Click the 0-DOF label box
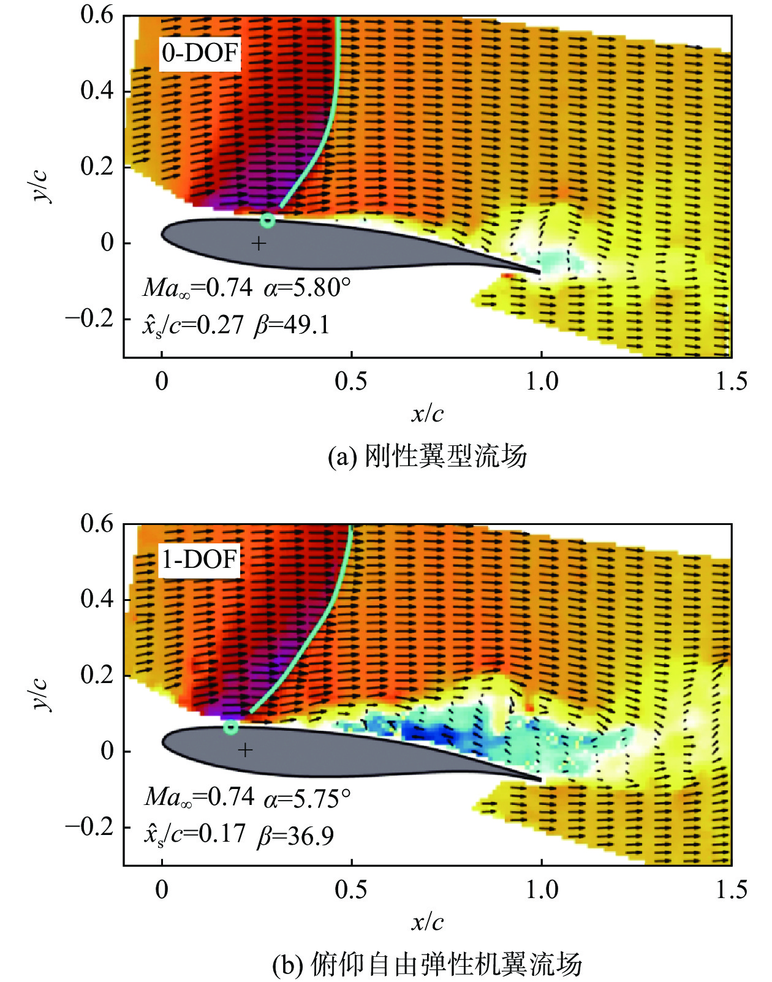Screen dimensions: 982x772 tap(200, 53)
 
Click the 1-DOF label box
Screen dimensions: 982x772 tap(199, 560)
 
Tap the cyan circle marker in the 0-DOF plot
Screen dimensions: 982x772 tap(268, 221)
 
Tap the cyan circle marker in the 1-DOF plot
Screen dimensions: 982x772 tap(231, 727)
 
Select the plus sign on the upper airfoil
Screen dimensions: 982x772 tap(259, 244)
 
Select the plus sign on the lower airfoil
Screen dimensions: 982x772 tap(245, 750)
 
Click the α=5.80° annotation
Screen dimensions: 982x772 tap(307, 287)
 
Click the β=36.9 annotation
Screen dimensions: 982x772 tap(295, 836)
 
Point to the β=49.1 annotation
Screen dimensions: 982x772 tap(292, 325)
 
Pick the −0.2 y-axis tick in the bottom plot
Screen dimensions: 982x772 tap(89, 827)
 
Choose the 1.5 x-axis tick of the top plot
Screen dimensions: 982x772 tap(731, 381)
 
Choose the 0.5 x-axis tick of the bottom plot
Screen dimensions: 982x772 tap(351, 889)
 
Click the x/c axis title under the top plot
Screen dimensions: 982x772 tap(427, 414)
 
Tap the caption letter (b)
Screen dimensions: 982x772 tap(287, 965)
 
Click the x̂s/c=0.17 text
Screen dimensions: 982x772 tap(194, 834)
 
